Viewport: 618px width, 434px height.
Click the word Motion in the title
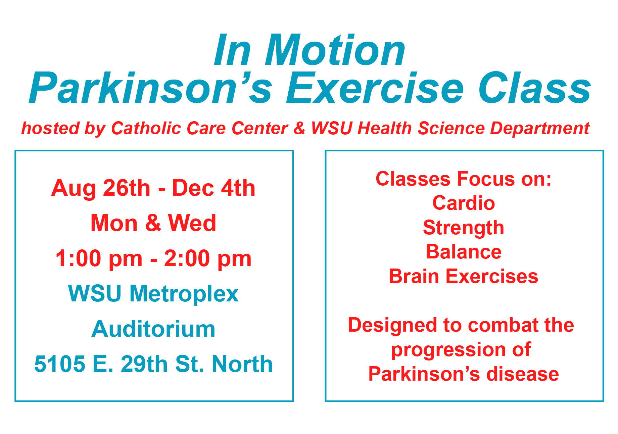click(x=335, y=50)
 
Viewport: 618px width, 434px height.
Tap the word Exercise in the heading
click(x=375, y=88)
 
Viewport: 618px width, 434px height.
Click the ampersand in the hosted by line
click(x=299, y=128)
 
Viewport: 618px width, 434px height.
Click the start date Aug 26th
click(x=101, y=188)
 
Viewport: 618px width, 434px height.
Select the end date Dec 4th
click(x=213, y=188)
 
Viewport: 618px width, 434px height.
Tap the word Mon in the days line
click(x=114, y=223)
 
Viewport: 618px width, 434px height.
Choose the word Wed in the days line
click(x=192, y=223)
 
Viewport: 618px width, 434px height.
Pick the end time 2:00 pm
click(x=208, y=259)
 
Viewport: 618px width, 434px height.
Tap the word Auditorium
click(x=153, y=329)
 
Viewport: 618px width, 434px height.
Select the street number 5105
click(x=60, y=364)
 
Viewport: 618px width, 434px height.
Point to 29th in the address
click(x=144, y=364)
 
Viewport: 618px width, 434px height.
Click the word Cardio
click(x=464, y=203)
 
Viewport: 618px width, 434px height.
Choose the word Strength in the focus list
click(x=464, y=228)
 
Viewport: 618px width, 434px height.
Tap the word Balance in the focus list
click(x=464, y=252)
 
